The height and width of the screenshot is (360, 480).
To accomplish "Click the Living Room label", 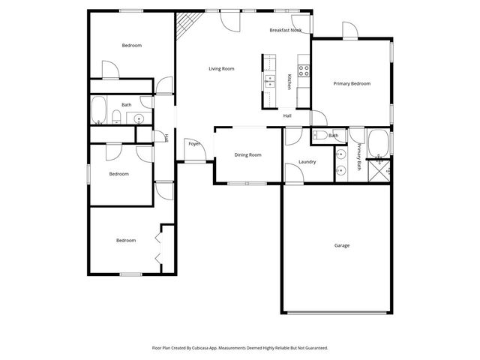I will coord(221,69).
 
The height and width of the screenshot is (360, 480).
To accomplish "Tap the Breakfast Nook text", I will coord(286,31).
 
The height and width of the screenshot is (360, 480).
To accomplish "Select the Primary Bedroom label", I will coord(352,84).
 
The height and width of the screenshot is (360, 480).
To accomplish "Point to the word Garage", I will coord(342,245).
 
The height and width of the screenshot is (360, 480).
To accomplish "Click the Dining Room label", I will coord(247,154).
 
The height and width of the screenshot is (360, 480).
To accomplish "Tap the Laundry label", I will coord(307,162).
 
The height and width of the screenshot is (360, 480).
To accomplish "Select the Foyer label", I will coord(194,143).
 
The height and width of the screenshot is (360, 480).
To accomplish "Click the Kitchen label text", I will coord(290,82).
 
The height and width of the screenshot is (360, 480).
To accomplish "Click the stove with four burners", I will coord(304,71).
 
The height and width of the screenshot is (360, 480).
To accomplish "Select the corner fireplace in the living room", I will coord(184,28).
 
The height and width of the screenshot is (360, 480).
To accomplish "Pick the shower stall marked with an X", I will coord(382,169).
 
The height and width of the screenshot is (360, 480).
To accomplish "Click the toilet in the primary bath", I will coord(319,136).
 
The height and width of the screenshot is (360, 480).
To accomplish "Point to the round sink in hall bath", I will coord(139,118).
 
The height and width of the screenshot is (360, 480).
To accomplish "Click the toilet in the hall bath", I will coord(116,115).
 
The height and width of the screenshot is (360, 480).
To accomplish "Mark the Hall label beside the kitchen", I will coord(287,115).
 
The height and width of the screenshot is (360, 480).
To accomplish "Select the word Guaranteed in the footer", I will coord(311,348).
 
